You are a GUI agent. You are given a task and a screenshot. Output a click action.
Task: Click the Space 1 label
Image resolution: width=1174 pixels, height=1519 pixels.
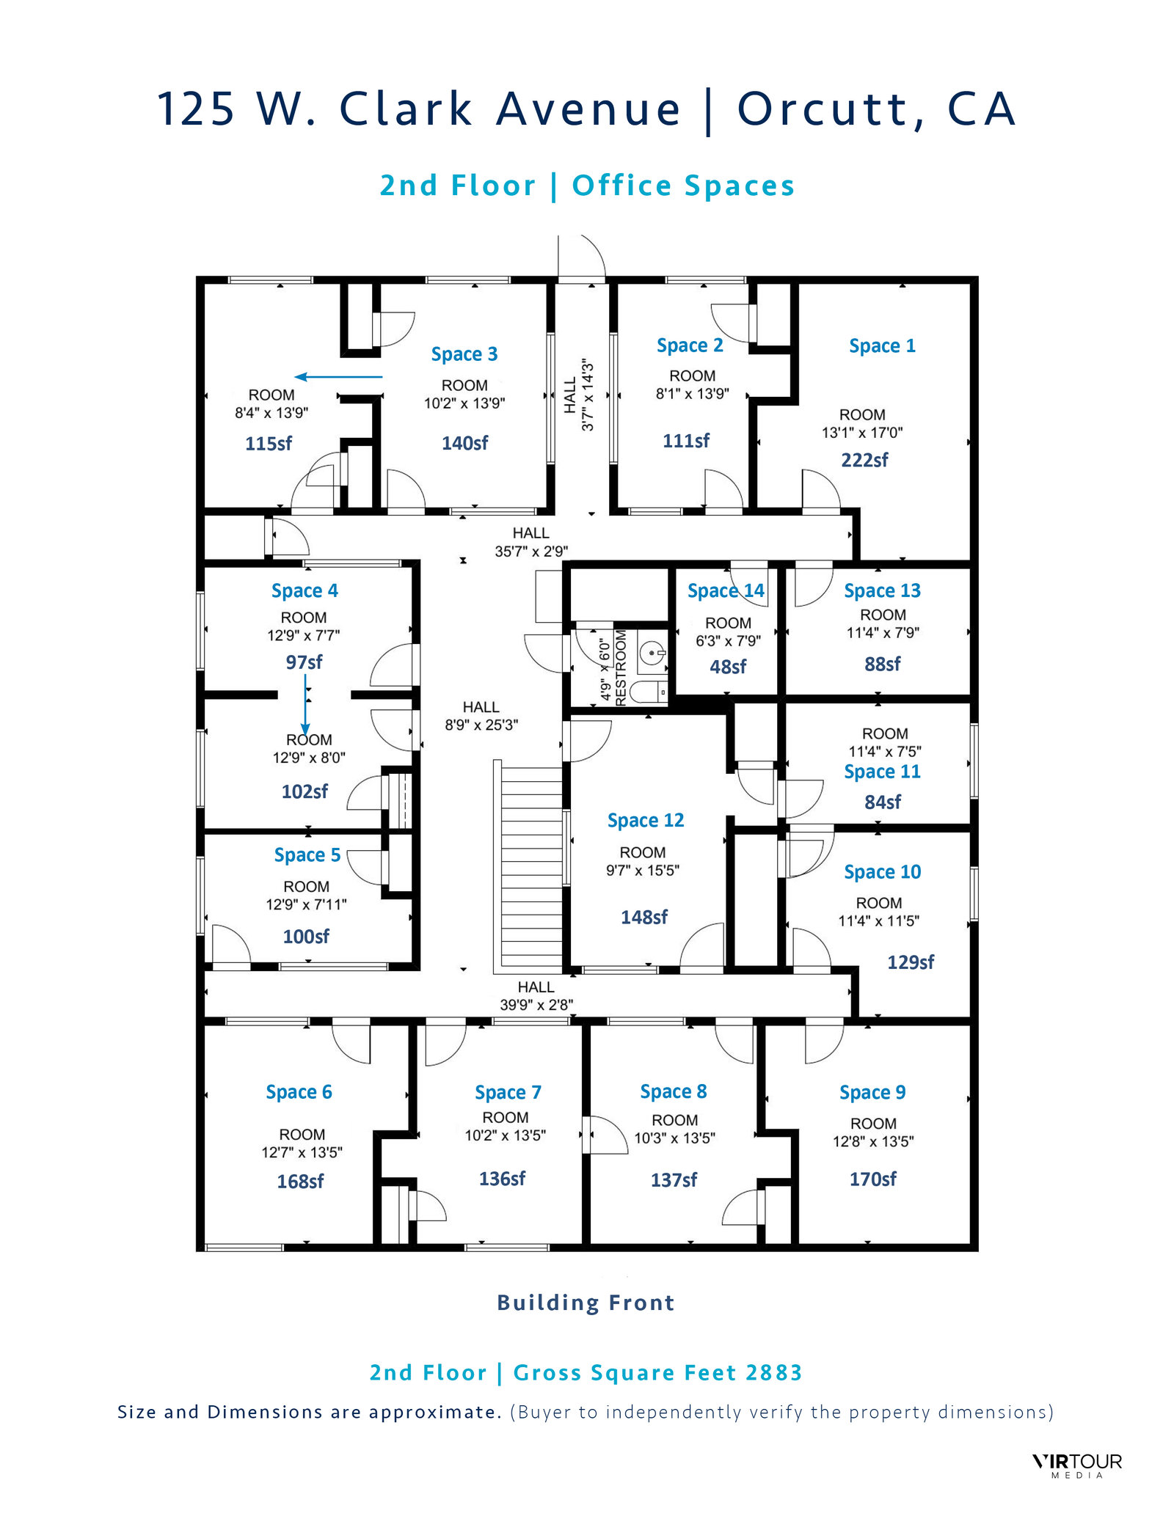tap(882, 345)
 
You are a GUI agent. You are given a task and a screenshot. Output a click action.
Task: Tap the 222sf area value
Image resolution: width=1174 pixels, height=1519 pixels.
tap(864, 460)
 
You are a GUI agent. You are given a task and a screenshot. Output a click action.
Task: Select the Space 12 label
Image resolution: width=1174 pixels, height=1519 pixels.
tap(646, 820)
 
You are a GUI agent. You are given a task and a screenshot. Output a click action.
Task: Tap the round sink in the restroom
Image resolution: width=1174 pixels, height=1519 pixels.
tap(652, 652)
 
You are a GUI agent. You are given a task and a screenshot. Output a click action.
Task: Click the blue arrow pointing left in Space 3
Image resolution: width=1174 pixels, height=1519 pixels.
tap(338, 377)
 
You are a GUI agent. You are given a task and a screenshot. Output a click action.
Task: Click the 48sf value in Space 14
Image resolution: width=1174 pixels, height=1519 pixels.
tap(728, 667)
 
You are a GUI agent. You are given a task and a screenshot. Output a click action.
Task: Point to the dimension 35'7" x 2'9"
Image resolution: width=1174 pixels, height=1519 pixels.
tap(531, 551)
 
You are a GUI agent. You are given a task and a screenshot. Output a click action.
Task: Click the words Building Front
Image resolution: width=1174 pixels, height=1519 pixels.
tap(586, 1303)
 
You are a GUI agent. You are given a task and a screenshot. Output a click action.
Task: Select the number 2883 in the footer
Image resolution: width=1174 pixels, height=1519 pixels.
tap(773, 1372)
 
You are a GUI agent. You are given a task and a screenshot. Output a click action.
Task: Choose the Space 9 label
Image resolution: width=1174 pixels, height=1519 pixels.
tap(872, 1092)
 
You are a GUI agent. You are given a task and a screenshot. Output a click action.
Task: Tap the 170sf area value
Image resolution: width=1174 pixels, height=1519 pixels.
tap(872, 1179)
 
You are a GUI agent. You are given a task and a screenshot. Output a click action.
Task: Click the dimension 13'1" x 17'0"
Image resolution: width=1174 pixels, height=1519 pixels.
tap(862, 433)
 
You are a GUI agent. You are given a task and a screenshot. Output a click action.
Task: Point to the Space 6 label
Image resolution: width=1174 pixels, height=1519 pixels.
tap(299, 1092)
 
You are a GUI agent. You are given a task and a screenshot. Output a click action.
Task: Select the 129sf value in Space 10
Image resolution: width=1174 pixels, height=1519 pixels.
tap(910, 962)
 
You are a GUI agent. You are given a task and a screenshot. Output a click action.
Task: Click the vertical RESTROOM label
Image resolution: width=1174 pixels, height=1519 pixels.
tap(621, 667)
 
